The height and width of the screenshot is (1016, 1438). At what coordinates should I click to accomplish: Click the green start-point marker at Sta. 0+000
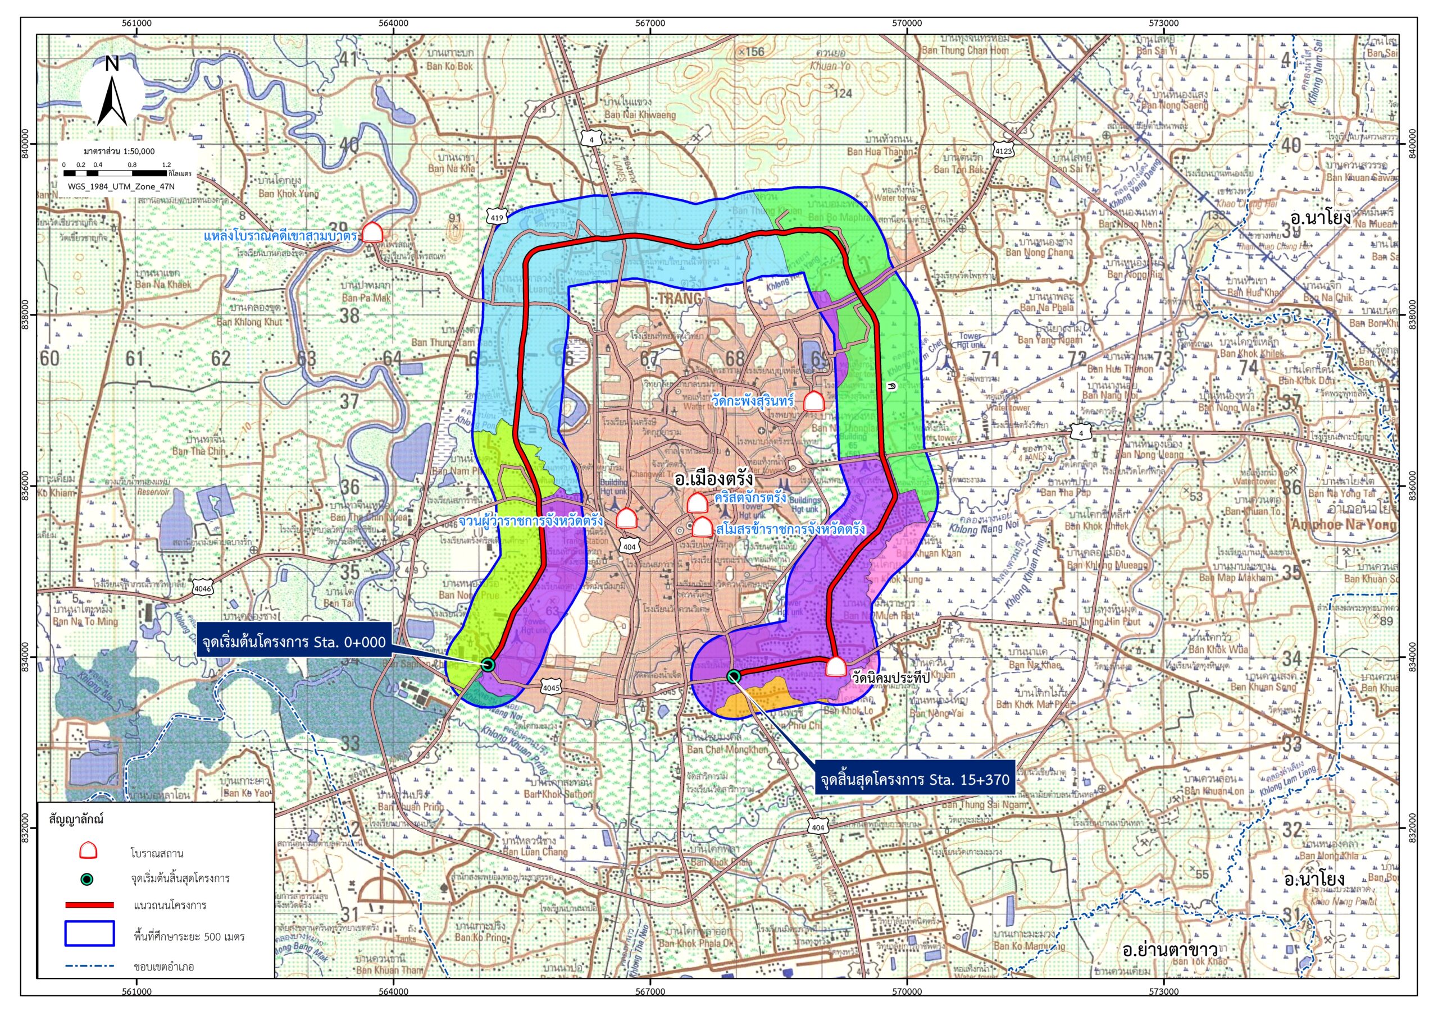(489, 664)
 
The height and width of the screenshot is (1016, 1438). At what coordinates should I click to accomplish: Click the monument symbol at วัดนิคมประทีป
(835, 667)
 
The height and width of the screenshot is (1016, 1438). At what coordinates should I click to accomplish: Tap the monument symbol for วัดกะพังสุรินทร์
(813, 401)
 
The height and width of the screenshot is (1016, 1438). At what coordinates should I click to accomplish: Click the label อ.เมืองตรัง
(712, 479)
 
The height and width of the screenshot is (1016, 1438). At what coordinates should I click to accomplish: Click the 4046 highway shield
(203, 588)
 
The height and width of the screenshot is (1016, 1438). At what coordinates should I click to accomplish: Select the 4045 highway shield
(551, 688)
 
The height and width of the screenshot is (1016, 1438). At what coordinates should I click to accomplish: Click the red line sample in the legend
(89, 905)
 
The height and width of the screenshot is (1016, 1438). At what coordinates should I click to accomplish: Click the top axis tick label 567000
(649, 24)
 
